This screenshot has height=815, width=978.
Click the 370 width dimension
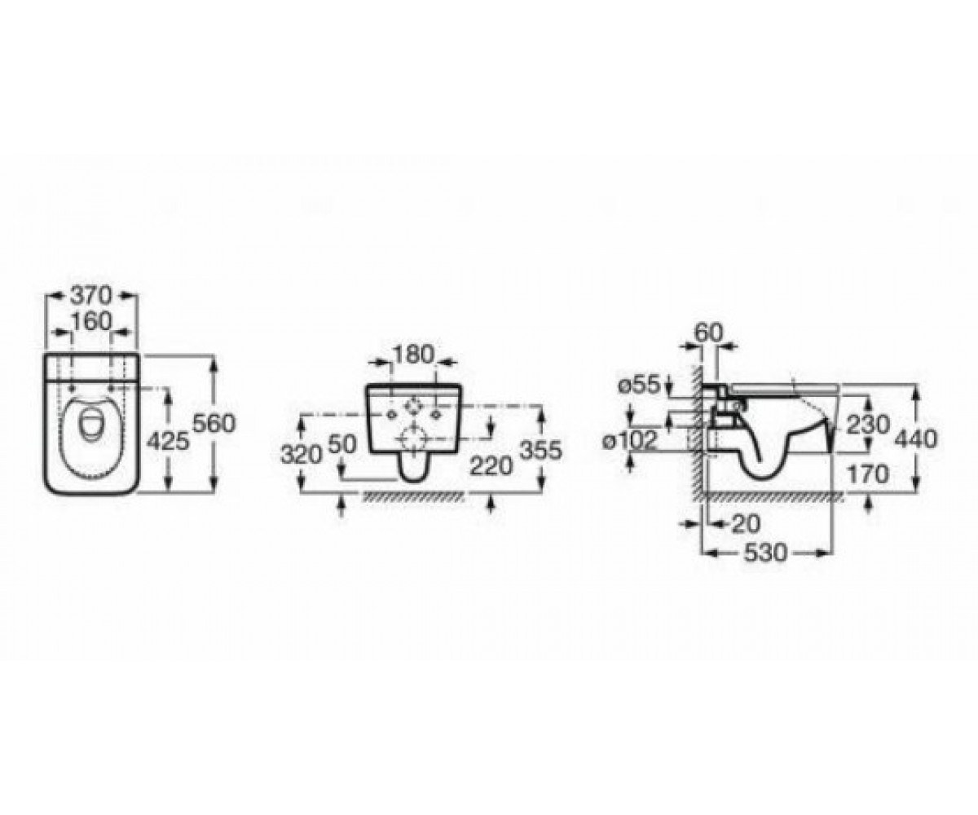coord(91,296)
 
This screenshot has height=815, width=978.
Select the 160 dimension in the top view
coord(91,321)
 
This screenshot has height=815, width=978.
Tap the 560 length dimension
coord(214,424)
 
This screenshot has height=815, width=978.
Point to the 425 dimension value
coord(168,441)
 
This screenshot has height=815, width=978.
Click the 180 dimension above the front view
coord(412,355)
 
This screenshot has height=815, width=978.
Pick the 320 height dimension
coord(302,454)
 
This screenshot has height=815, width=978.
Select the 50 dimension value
coord(342,443)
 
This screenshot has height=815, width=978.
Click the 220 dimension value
coord(491,466)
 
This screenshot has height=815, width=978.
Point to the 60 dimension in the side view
coord(709,333)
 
